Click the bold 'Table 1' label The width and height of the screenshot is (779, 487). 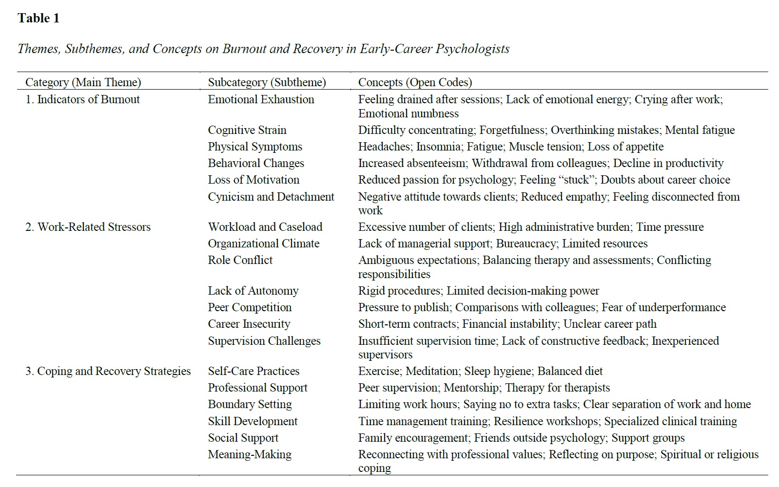[x=39, y=19]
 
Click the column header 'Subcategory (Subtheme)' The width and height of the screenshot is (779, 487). [x=267, y=82]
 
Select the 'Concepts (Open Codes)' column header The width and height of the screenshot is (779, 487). [x=415, y=82]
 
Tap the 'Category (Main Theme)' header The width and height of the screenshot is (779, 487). [x=83, y=82]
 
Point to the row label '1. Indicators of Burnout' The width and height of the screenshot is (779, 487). [x=82, y=99]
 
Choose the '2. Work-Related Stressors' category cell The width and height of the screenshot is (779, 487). [x=88, y=227]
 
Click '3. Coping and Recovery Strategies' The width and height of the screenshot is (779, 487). [x=108, y=371]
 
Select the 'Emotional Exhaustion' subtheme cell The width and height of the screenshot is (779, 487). [x=261, y=99]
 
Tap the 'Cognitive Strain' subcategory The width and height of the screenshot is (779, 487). [x=247, y=130]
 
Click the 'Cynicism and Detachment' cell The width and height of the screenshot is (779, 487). [x=271, y=197]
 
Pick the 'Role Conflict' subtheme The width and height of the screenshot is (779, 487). [x=240, y=260]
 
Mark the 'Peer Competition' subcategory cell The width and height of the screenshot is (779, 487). [x=250, y=307]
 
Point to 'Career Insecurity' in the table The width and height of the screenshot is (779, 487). [x=249, y=324]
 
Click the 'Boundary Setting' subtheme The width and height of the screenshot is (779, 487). [x=250, y=404]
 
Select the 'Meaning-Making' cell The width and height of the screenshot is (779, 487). [x=250, y=454]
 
